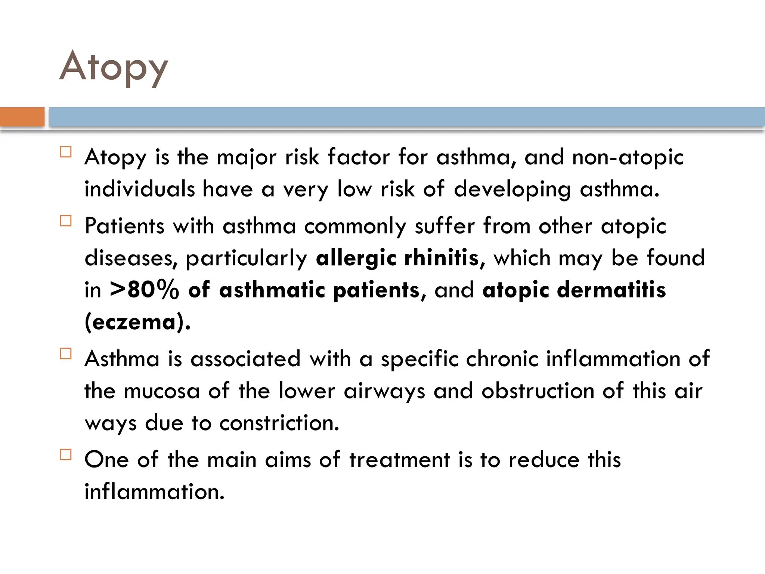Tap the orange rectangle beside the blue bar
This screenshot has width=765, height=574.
[22, 117]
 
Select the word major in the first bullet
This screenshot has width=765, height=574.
[247, 157]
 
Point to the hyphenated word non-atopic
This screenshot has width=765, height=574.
[628, 157]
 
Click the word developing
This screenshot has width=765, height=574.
[512, 189]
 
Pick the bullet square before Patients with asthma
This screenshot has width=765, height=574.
[66, 221]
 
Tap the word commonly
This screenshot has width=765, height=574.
[355, 226]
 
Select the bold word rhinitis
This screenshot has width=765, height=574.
[442, 258]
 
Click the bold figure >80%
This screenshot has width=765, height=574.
[144, 290]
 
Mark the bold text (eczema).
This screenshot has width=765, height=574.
[137, 322]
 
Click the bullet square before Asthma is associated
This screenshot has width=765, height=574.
[66, 354]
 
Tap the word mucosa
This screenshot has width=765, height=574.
[161, 391]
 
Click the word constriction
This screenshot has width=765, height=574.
[279, 423]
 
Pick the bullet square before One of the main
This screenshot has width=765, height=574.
[66, 454]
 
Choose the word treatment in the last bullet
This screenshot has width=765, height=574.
[400, 460]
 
